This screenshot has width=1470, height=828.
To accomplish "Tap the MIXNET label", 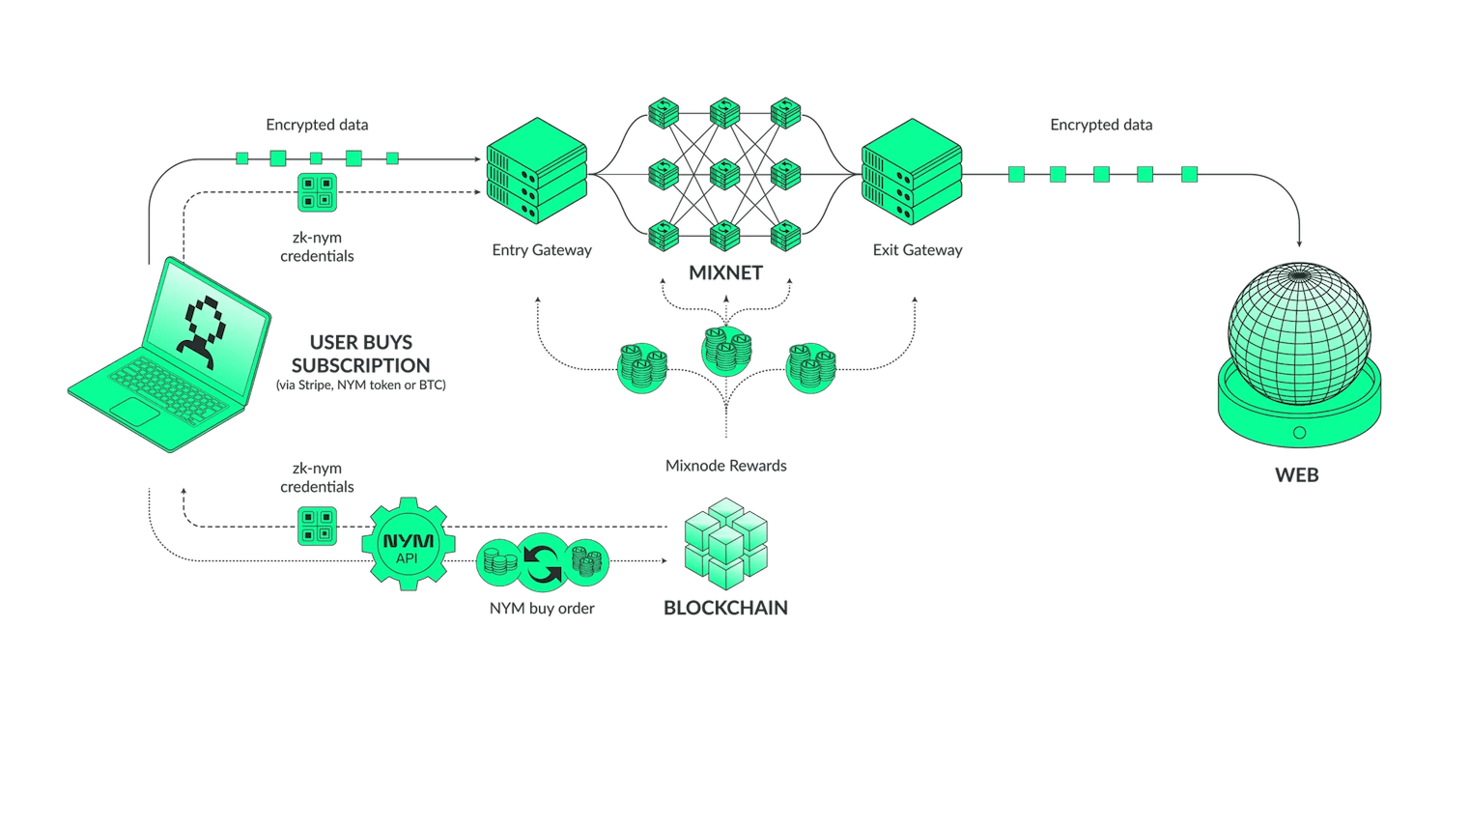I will click(x=725, y=273).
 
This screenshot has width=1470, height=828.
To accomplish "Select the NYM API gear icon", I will click(x=408, y=543).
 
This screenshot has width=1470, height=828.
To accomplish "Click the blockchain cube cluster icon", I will click(x=724, y=544).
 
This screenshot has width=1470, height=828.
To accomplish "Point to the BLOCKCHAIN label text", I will click(x=725, y=608).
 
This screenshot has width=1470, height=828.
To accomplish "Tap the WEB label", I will click(x=1297, y=475).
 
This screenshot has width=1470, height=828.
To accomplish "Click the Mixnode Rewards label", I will click(x=726, y=466).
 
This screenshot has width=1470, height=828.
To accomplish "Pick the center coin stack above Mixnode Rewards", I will click(x=726, y=348).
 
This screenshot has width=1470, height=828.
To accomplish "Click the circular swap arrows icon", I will click(x=542, y=559).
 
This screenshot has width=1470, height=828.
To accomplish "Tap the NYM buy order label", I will click(x=542, y=609).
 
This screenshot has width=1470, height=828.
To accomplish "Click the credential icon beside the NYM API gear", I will click(x=317, y=526).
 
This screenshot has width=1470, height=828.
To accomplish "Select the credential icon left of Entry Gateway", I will click(x=317, y=192).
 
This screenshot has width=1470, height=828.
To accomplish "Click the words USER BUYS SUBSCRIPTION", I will click(x=359, y=354).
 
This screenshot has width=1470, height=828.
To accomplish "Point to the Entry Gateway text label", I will click(x=541, y=250).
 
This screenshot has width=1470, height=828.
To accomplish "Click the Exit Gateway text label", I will click(x=917, y=250).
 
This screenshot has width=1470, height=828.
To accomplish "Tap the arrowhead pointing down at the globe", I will click(x=1299, y=243).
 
